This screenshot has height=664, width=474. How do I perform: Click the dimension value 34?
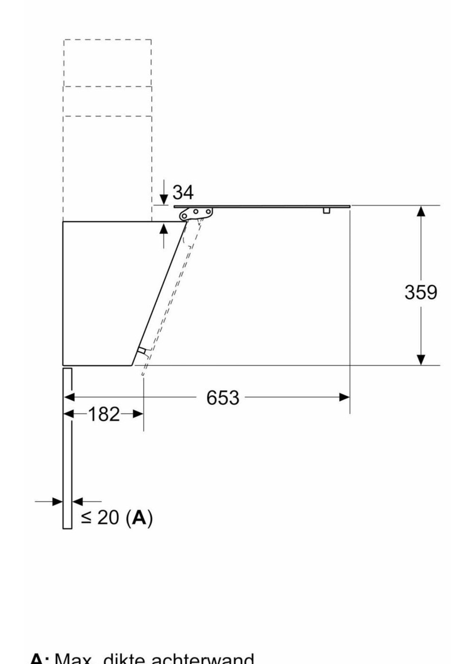click(183, 192)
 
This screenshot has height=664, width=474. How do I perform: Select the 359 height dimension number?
click(421, 292)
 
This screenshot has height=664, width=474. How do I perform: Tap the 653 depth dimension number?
click(223, 398)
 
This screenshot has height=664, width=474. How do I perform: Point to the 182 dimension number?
click(104, 414)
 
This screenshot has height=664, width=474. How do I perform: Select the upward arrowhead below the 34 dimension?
click(164, 229)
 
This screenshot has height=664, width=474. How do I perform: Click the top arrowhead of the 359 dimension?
click(421, 211)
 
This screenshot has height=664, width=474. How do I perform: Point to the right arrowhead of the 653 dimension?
click(344, 397)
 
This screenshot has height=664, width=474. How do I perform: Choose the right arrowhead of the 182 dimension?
click(138, 414)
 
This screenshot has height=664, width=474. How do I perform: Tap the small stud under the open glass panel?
click(327, 210)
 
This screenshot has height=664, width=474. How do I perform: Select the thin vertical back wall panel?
click(67, 447)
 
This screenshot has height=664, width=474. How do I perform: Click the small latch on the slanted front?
click(142, 351)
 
